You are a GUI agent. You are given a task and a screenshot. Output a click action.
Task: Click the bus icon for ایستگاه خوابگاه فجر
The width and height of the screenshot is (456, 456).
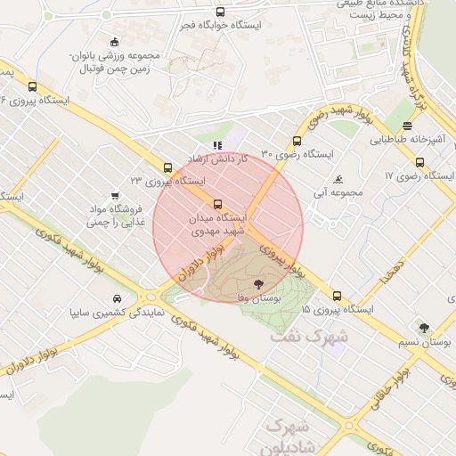pyautogui.click(x=220, y=12)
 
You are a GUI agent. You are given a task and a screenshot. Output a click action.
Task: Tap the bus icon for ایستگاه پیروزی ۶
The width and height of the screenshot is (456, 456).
pyautogui.click(x=33, y=86)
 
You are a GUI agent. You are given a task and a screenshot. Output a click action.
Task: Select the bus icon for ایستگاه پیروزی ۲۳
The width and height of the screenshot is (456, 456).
pyautogui.click(x=168, y=167)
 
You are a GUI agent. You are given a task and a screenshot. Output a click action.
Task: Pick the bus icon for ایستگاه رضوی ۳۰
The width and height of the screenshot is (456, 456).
pyautogui.click(x=297, y=140)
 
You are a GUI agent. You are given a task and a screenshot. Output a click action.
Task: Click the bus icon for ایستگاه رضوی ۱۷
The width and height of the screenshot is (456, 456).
pyautogui.click(x=408, y=126)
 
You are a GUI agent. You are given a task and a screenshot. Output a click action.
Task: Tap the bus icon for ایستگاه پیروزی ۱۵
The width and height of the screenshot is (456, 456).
pyautogui.click(x=337, y=296)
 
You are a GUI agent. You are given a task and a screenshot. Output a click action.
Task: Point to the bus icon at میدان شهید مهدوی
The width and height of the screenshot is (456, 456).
pyautogui.click(x=218, y=204)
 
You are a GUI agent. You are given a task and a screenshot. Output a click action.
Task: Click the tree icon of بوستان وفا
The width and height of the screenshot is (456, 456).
pyautogui.click(x=258, y=282)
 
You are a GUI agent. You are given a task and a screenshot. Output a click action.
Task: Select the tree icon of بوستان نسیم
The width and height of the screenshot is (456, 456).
pyautogui.click(x=423, y=328)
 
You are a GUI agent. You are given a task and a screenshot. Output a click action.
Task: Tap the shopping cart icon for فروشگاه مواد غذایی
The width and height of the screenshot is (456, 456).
pyautogui.click(x=115, y=196)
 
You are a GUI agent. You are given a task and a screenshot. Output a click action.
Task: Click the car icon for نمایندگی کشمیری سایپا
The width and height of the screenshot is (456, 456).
pyautogui.click(x=118, y=298)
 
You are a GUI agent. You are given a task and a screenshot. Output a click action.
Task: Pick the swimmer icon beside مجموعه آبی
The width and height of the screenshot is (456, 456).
pyautogui.click(x=338, y=179)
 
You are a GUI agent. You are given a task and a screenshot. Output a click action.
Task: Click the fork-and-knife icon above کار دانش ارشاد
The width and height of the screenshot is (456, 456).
pyautogui.click(x=216, y=144)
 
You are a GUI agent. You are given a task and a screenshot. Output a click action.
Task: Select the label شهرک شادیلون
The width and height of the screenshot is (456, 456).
pyautogui.click(x=290, y=436)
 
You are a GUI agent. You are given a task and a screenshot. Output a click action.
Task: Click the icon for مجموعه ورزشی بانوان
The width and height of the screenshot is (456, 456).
pyautogui.click(x=114, y=41)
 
